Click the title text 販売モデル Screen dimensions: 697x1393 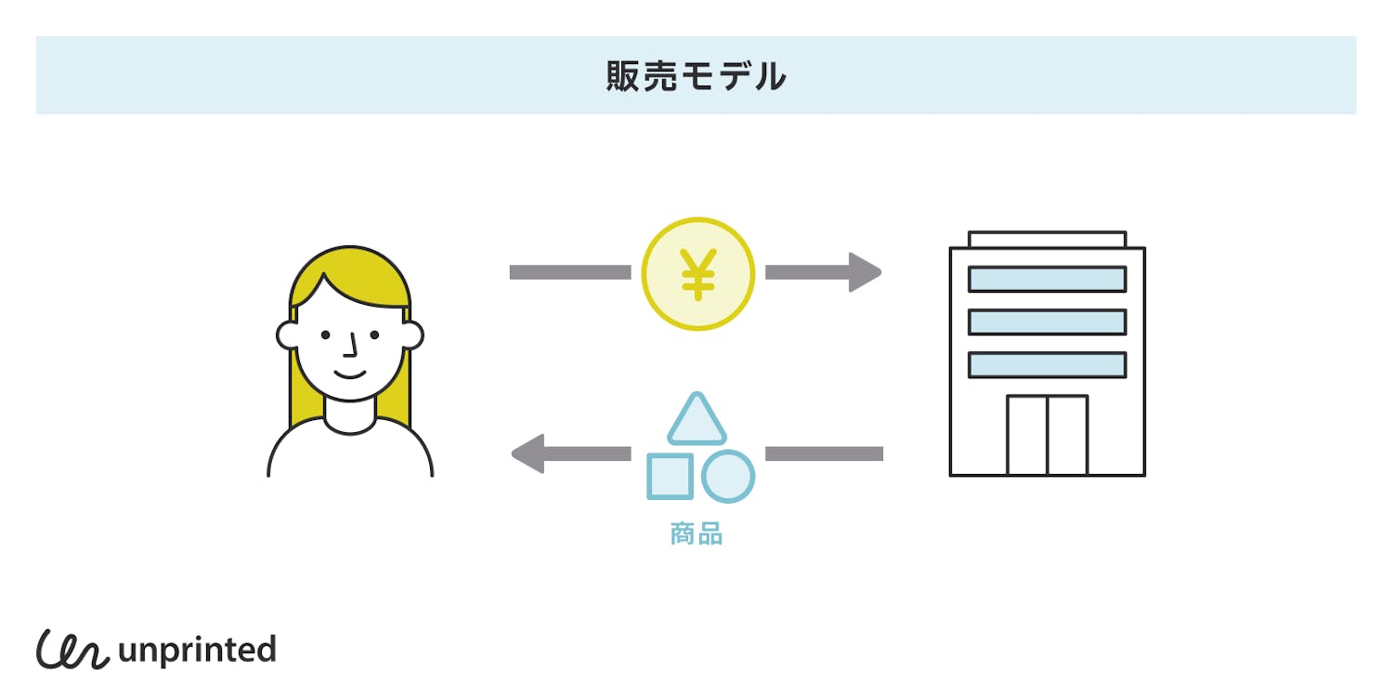tap(696, 76)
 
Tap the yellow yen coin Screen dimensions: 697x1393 tap(697, 273)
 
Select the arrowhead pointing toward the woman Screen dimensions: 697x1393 tap(527, 454)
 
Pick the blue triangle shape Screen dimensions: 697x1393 tap(696, 421)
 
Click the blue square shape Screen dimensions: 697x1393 tap(670, 476)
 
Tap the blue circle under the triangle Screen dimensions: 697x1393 tap(727, 476)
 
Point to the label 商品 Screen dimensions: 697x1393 tap(696, 533)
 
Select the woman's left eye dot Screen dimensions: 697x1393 tap(325, 335)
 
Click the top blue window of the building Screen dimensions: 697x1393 tap(1047, 279)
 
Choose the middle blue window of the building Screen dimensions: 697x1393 tap(1047, 322)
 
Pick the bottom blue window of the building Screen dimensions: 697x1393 tap(1047, 364)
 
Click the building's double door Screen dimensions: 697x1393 tap(1047, 435)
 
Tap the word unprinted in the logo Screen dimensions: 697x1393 tap(197, 650)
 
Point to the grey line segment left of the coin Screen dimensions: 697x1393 tap(569, 272)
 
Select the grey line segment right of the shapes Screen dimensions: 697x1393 tap(824, 454)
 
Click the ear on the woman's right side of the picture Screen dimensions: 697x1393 tap(413, 335)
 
